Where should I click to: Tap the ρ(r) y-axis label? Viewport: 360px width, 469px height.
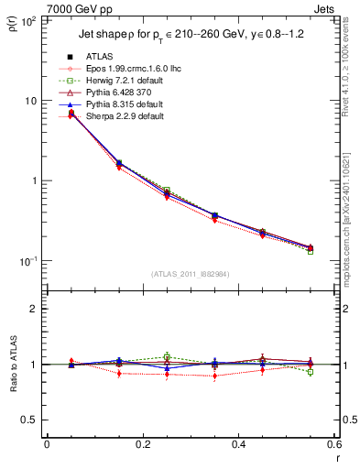(13, 20)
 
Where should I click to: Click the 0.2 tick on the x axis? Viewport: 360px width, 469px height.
(142, 445)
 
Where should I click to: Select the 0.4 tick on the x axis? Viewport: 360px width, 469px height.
(238, 445)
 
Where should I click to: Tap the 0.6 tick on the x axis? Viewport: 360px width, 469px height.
(333, 445)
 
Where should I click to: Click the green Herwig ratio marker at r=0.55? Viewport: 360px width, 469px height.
(311, 372)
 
